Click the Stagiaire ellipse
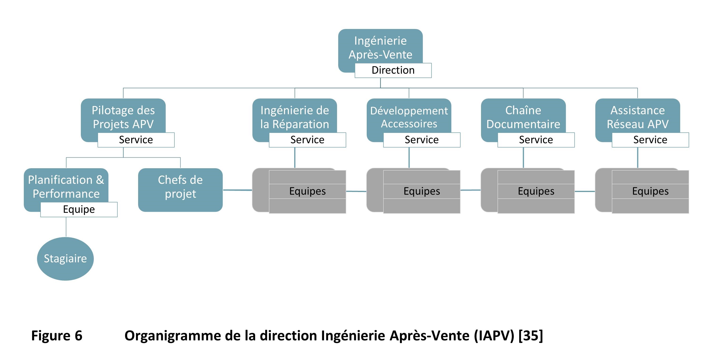pyautogui.click(x=65, y=258)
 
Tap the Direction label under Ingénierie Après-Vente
pyautogui.click(x=393, y=70)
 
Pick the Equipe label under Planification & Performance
pyautogui.click(x=79, y=209)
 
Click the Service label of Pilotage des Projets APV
pyautogui.click(x=136, y=140)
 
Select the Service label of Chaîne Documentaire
pyautogui.click(x=536, y=140)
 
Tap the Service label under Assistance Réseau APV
pyautogui.click(x=650, y=140)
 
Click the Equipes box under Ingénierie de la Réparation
pyautogui.click(x=307, y=191)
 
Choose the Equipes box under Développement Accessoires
pyautogui.click(x=422, y=191)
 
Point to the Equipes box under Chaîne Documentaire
pyautogui.click(x=536, y=191)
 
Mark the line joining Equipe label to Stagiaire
pyautogui.click(x=66, y=227)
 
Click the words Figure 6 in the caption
pyautogui.click(x=57, y=335)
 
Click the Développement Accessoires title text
pyautogui.click(x=409, y=117)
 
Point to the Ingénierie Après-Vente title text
pyautogui.click(x=380, y=48)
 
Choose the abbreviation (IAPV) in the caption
pyautogui.click(x=494, y=335)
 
